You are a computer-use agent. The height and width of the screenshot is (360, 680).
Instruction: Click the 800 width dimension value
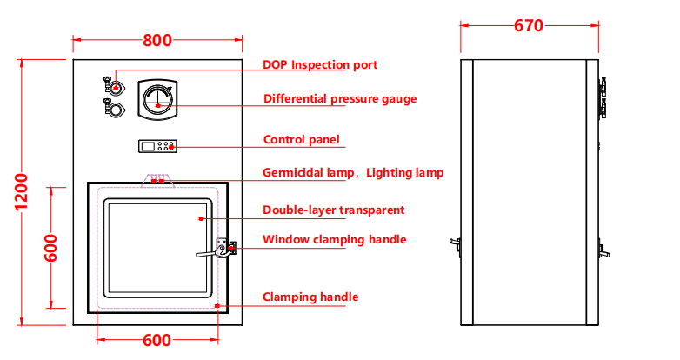click(x=157, y=40)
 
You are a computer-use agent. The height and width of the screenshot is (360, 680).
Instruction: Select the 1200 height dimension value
click(x=22, y=191)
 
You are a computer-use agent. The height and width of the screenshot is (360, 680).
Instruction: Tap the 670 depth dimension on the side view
click(x=529, y=26)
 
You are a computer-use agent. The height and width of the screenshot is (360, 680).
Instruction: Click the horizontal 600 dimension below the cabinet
click(x=157, y=340)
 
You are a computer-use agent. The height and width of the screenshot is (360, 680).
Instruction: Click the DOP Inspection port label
click(x=320, y=65)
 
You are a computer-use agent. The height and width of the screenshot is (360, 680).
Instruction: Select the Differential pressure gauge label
click(x=340, y=99)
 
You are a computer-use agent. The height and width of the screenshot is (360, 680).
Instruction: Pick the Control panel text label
click(x=301, y=140)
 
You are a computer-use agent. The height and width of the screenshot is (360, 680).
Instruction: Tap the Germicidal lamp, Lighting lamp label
click(x=353, y=173)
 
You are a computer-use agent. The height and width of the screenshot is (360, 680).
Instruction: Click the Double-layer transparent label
click(x=333, y=210)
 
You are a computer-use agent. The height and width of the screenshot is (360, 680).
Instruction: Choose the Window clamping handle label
click(x=334, y=240)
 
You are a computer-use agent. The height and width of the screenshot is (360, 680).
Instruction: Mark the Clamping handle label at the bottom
click(x=310, y=297)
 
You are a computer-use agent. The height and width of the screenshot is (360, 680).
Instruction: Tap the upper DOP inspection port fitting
click(x=114, y=85)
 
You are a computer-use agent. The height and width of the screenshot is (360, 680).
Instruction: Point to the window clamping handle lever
click(x=217, y=251)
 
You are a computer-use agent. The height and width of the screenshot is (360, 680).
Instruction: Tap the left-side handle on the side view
click(x=456, y=248)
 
